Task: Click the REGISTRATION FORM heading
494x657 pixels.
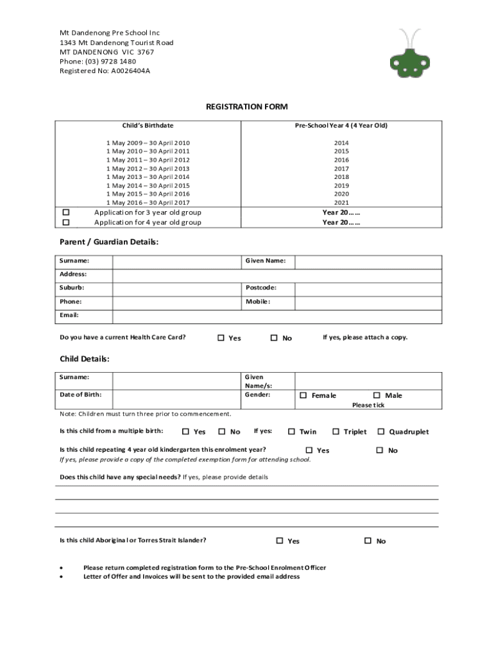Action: pyautogui.click(x=246, y=107)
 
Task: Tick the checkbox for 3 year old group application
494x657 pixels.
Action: pyautogui.click(x=65, y=212)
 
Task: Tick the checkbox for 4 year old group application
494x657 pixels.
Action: pyautogui.click(x=65, y=222)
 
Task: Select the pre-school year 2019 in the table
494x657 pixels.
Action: pyautogui.click(x=341, y=185)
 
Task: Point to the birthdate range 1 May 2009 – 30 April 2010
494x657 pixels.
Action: pyautogui.click(x=148, y=142)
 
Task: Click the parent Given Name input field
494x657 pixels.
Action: pyautogui.click(x=368, y=261)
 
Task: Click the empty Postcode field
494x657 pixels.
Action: pyautogui.click(x=368, y=288)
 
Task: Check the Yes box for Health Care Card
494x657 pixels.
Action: pyautogui.click(x=221, y=337)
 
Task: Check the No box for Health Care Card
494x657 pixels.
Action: pyautogui.click(x=274, y=337)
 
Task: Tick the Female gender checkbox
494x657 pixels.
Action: pyautogui.click(x=303, y=395)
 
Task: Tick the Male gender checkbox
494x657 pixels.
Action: pyautogui.click(x=377, y=395)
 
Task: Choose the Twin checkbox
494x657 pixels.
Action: pyautogui.click(x=291, y=432)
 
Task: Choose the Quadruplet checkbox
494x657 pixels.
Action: pyautogui.click(x=381, y=432)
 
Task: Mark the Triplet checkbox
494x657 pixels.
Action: pyautogui.click(x=336, y=432)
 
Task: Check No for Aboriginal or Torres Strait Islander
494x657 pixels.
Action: pyautogui.click(x=368, y=541)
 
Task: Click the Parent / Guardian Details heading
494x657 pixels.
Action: pyautogui.click(x=109, y=242)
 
